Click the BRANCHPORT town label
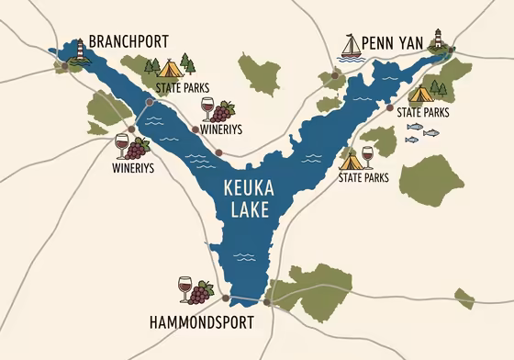[x=130, y=42]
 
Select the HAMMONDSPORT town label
[x=200, y=322]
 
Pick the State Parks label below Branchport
[x=178, y=88]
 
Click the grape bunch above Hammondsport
[x=203, y=291]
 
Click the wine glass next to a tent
[x=368, y=155]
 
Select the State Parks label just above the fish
[x=423, y=112]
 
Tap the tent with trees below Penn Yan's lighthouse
[x=420, y=92]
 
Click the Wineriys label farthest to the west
[x=132, y=169]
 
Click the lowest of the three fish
[x=411, y=140]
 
